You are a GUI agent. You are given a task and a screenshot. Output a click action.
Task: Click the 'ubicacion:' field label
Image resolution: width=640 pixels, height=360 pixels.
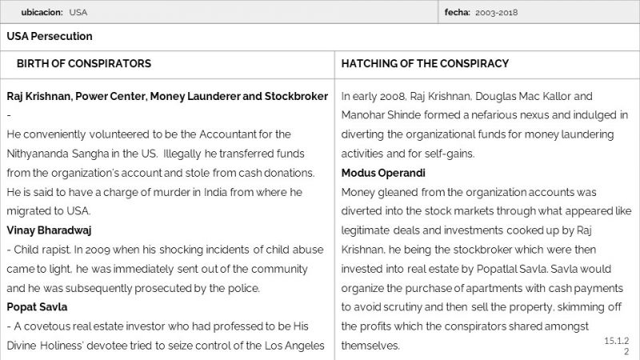[x=42, y=13]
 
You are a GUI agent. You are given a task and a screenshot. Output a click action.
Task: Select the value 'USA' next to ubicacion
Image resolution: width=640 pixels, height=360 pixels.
[x=78, y=13]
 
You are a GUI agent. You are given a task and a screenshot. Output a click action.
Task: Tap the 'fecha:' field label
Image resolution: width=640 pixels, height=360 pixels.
[x=458, y=13]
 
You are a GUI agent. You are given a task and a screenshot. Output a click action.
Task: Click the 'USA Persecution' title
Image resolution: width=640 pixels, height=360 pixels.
[x=49, y=37]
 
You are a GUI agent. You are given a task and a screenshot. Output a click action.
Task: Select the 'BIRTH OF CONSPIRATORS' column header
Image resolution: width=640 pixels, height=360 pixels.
[x=84, y=63]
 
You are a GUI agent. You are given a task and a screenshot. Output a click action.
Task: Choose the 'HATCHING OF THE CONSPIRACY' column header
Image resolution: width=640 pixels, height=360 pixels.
[x=425, y=63]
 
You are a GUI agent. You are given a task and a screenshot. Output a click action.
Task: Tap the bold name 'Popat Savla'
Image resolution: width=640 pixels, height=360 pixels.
[x=37, y=307]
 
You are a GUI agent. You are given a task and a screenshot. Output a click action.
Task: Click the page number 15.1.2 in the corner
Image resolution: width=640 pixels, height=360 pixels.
[x=617, y=342]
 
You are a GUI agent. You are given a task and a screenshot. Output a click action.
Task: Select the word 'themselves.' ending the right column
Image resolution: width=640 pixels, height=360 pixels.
[x=370, y=346]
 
